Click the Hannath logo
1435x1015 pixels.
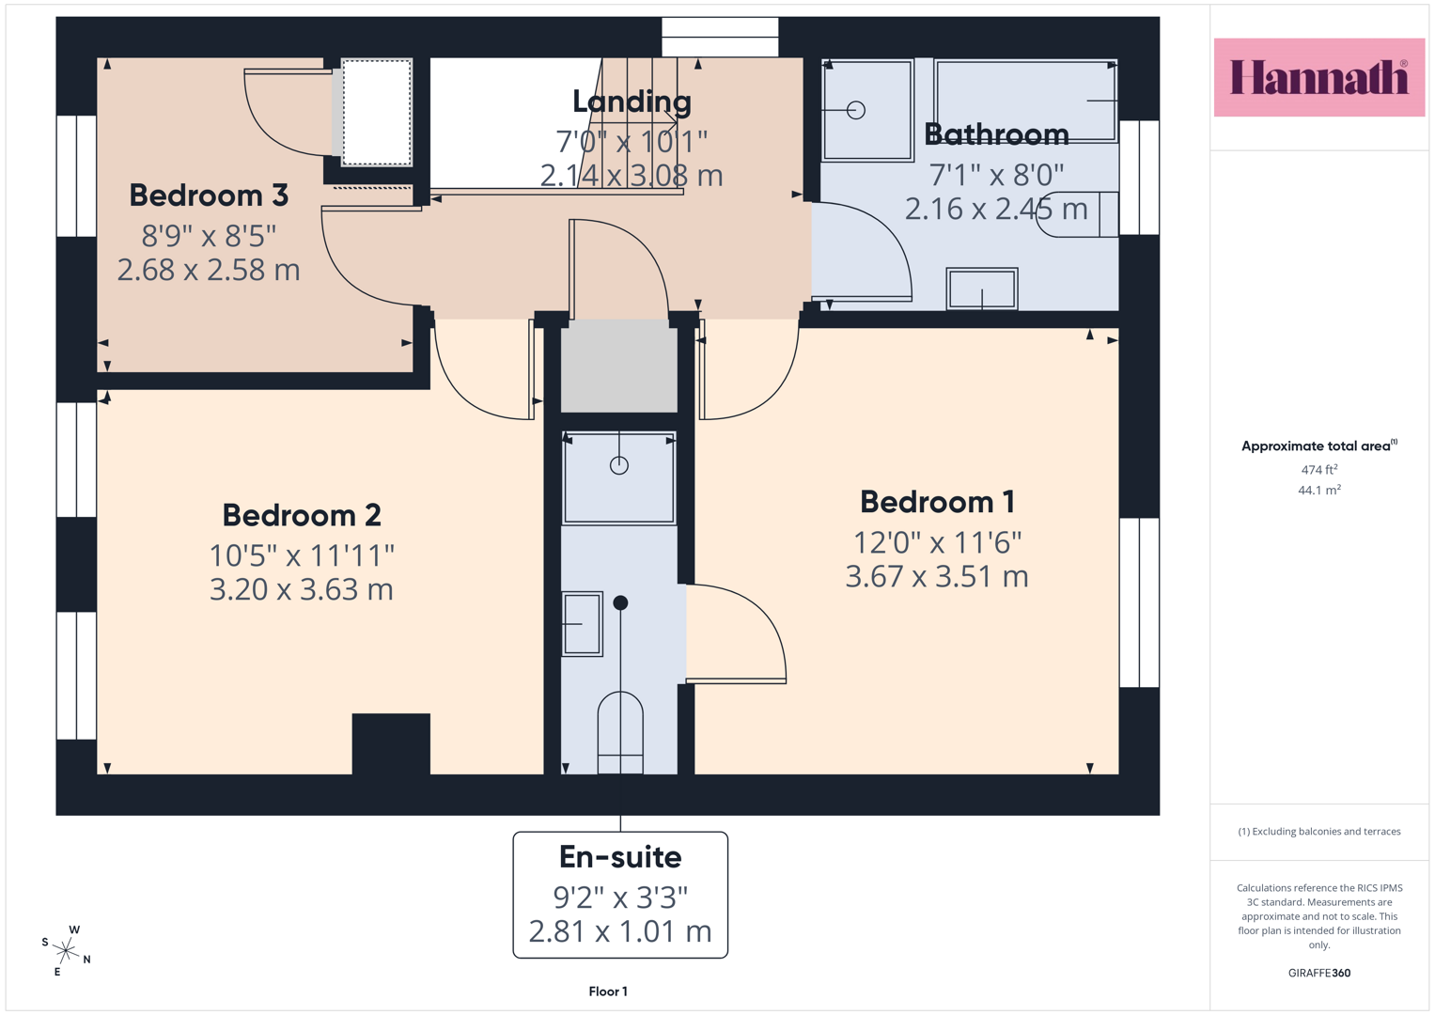click(x=1319, y=77)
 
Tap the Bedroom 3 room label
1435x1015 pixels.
click(x=209, y=195)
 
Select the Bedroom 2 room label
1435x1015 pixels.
click(x=302, y=515)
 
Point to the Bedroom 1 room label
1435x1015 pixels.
click(x=937, y=502)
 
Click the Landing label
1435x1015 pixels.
click(x=632, y=101)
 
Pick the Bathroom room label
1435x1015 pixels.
click(x=997, y=134)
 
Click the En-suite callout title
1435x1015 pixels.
click(x=620, y=857)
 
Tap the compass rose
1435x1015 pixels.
click(x=66, y=950)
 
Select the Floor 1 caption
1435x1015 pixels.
click(x=608, y=992)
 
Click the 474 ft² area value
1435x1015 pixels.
click(x=1319, y=470)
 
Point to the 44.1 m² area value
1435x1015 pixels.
click(x=1319, y=491)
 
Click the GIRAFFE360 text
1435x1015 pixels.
click(x=1319, y=973)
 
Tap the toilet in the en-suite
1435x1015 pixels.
click(x=620, y=732)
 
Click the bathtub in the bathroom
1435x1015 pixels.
click(x=1025, y=101)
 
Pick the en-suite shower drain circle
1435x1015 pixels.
click(x=619, y=465)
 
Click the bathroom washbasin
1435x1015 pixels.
click(x=982, y=289)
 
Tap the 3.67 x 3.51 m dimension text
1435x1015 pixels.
click(x=937, y=577)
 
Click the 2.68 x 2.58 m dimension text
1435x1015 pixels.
click(x=209, y=270)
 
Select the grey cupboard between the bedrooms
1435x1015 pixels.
click(x=619, y=366)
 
